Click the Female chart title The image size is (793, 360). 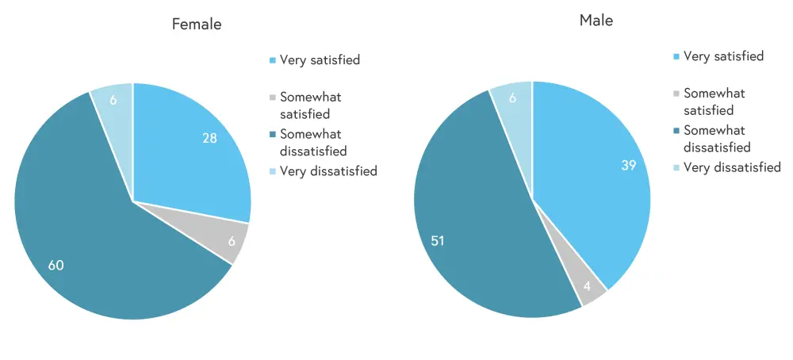click(x=197, y=25)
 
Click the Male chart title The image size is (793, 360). click(x=596, y=21)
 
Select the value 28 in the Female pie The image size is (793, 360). click(x=210, y=139)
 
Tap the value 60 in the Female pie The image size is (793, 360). click(x=56, y=265)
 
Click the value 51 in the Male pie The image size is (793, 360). click(x=438, y=240)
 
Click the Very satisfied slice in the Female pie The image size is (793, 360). click(x=190, y=151)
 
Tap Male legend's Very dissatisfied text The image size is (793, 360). click(x=732, y=167)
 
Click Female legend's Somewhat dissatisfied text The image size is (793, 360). click(x=313, y=142)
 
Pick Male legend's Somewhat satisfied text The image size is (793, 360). click(x=714, y=101)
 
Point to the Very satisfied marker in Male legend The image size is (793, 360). click(x=676, y=57)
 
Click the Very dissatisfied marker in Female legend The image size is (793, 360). click(x=273, y=171)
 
